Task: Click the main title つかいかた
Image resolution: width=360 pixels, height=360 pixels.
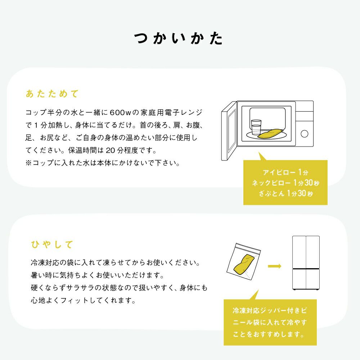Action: (179, 39)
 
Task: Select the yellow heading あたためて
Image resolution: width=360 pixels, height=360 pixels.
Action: (52, 94)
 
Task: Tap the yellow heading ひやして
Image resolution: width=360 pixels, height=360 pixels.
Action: (52, 244)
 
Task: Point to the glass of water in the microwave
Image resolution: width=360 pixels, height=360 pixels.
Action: (256, 127)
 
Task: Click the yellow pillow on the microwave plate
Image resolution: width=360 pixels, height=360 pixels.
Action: (270, 134)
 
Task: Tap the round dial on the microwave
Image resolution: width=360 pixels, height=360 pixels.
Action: (305, 134)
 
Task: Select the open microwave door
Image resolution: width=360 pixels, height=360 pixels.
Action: (229, 131)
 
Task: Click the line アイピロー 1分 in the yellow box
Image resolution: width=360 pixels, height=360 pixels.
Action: (285, 172)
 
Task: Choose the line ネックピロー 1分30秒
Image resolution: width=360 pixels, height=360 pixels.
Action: (285, 183)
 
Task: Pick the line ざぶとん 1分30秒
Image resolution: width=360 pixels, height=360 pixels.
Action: (285, 193)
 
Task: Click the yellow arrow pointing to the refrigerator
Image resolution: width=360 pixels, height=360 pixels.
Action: (275, 266)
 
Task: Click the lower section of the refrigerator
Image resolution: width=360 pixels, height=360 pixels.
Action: (306, 279)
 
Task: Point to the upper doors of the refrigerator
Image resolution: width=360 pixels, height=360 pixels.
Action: (306, 252)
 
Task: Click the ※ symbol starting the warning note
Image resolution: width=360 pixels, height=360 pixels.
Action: (28, 163)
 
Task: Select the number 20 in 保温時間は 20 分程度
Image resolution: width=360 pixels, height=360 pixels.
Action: (110, 150)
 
